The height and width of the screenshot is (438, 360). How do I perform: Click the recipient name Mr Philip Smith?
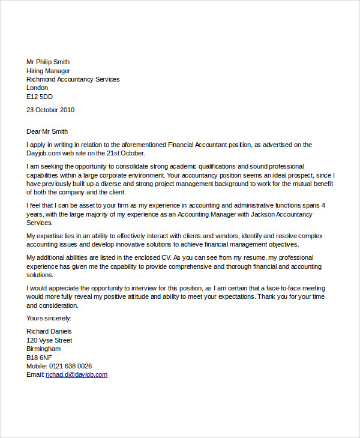48,62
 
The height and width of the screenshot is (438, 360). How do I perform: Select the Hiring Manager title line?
48,71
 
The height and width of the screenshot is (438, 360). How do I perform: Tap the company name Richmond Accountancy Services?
73,79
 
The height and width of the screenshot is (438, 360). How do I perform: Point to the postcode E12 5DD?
40,97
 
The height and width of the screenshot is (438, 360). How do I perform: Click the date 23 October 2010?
50,110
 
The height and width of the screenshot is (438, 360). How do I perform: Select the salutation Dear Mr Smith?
47,131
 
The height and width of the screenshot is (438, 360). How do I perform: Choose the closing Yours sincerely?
49,318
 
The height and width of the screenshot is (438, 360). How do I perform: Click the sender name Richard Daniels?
49,331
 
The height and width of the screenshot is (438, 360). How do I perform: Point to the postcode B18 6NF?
40,358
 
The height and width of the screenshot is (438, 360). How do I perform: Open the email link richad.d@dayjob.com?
76,374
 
